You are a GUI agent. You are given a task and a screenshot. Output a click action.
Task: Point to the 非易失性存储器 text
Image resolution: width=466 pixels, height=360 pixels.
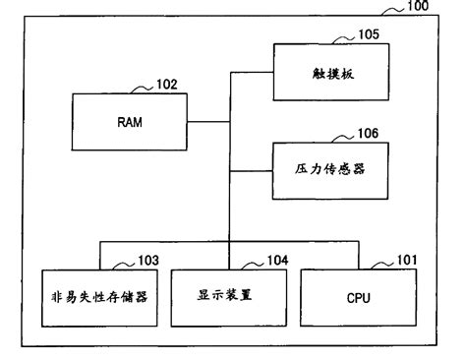coord(99,294)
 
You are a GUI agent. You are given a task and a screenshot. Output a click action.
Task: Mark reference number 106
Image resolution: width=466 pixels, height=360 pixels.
coord(367,132)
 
